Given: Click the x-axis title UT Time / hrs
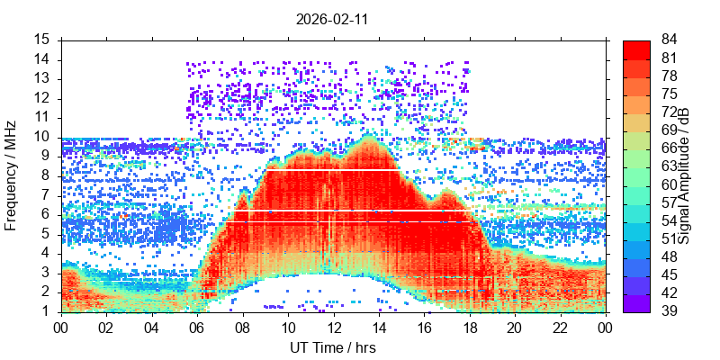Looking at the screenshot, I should tap(333, 347).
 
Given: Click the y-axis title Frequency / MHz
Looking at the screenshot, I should tap(12, 175).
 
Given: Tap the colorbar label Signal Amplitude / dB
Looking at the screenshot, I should tap(684, 175).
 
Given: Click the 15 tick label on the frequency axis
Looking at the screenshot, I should tap(43, 40).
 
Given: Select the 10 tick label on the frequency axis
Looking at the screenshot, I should tap(43, 137).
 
